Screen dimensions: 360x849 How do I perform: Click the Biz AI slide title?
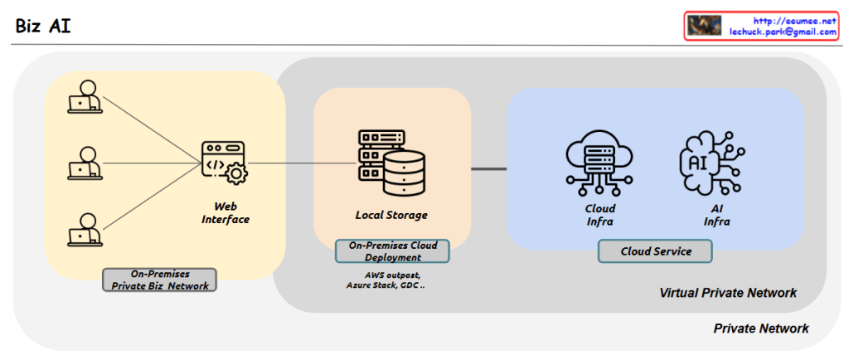click(x=43, y=26)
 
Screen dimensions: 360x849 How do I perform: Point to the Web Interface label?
click(x=226, y=213)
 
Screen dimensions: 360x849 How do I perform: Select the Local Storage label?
click(x=391, y=216)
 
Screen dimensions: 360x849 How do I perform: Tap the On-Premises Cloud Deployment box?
click(x=391, y=251)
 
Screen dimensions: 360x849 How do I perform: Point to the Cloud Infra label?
click(x=600, y=215)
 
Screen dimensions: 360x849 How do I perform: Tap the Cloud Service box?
click(x=656, y=251)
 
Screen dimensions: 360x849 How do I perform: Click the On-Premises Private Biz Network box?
click(x=160, y=280)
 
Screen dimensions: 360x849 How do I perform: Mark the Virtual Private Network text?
click(x=728, y=293)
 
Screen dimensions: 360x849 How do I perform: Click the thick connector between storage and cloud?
click(x=488, y=169)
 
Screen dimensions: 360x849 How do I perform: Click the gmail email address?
click(x=782, y=32)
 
